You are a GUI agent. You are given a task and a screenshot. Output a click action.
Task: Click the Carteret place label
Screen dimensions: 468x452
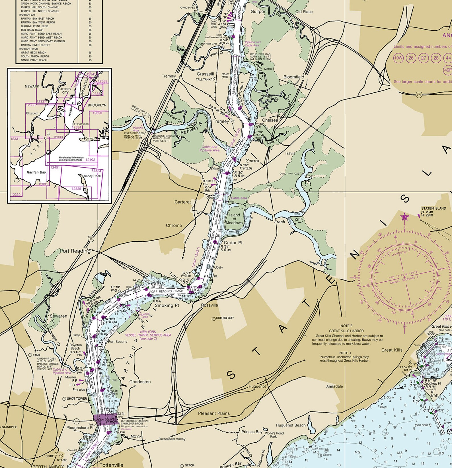coord(182,202)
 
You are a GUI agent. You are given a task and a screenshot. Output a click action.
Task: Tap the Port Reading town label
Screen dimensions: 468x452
coord(75,251)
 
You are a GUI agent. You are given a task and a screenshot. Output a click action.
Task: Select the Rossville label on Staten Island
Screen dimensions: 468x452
coord(209,305)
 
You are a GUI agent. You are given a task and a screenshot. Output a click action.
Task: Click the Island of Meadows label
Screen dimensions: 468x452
coord(234,219)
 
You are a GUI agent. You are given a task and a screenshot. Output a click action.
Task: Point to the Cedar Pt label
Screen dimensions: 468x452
coord(233,243)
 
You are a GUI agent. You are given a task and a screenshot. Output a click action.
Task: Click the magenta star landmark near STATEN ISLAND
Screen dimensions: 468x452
coord(404,218)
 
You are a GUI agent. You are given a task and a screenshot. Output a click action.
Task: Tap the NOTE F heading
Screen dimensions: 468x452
coord(346,326)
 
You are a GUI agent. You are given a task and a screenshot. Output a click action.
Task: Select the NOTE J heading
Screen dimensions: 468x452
coord(345,353)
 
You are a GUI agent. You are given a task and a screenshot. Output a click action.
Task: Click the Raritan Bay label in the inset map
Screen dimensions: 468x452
coord(36,172)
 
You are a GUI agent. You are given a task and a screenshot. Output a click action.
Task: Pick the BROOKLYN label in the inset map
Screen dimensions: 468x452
coord(97,105)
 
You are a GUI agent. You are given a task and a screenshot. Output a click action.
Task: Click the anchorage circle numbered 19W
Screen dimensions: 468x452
coord(398,58)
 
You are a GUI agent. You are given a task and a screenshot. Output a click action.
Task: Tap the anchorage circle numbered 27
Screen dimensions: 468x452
coord(424,58)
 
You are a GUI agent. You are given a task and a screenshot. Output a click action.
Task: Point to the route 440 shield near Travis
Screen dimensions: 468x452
coord(268,185)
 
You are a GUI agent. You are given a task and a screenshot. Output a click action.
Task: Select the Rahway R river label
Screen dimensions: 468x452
coord(191,130)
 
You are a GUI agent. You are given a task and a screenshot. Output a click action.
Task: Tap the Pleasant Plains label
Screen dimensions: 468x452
coord(214,413)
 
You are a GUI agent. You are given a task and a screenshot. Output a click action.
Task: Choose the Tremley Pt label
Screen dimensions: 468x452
coord(224,121)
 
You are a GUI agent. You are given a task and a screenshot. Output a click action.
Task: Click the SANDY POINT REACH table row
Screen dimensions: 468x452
coord(34,60)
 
